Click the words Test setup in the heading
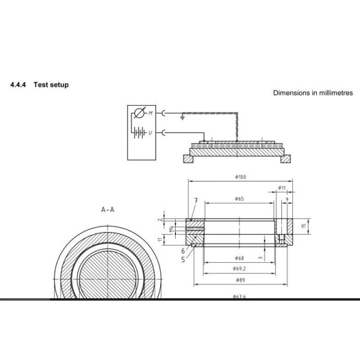[51, 85]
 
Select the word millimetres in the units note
[334, 93]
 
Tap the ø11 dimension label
[282, 188]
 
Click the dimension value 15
[304, 226]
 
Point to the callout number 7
[196, 200]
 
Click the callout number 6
[183, 251]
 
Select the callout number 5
[183, 260]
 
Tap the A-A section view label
[108, 210]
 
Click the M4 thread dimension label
[172, 228]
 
